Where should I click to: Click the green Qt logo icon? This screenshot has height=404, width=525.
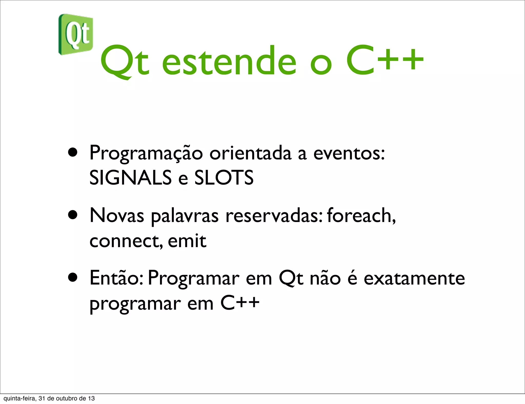76,34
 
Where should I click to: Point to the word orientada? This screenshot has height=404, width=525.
250,153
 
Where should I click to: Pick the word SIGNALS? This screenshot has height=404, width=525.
130,178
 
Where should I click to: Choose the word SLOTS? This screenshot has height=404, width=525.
224,178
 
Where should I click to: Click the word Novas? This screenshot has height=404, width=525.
117,216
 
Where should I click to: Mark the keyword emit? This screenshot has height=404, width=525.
187,241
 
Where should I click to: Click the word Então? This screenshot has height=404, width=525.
116,278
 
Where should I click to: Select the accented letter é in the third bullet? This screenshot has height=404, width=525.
352,278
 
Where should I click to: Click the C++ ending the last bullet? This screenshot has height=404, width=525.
240,303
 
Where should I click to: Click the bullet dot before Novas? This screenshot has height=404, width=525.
73,215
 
